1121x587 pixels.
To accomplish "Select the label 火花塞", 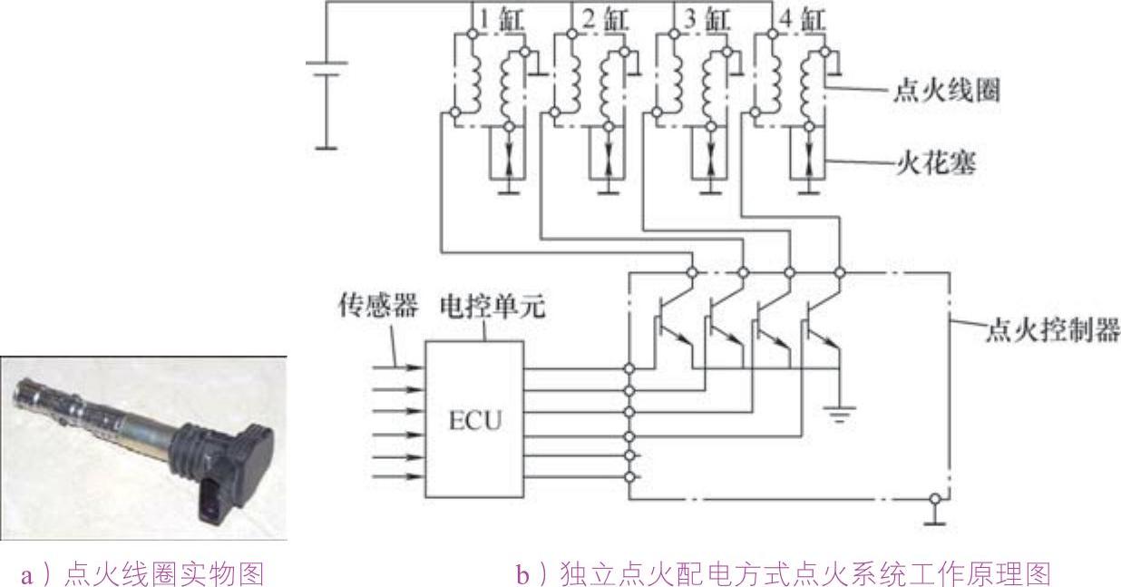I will (935, 166).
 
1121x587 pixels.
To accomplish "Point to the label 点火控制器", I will (1052, 328).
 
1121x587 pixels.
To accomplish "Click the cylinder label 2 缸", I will (602, 17).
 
